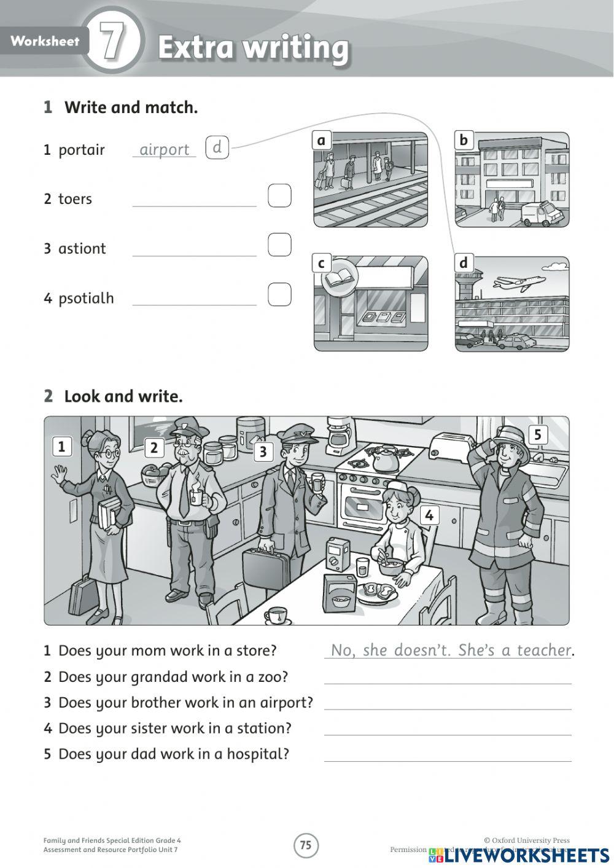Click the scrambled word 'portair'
pos(81,150)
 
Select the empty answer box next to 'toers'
pos(279,196)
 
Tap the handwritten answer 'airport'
pos(164,149)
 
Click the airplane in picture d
pos(519,283)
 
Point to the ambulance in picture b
pos(541,213)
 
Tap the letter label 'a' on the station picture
pos(321,141)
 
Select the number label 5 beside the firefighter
pos(537,435)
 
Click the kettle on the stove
pos(384,458)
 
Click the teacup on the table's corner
pos(276,614)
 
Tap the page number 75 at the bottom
pos(306,845)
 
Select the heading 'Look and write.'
pos(123,397)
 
